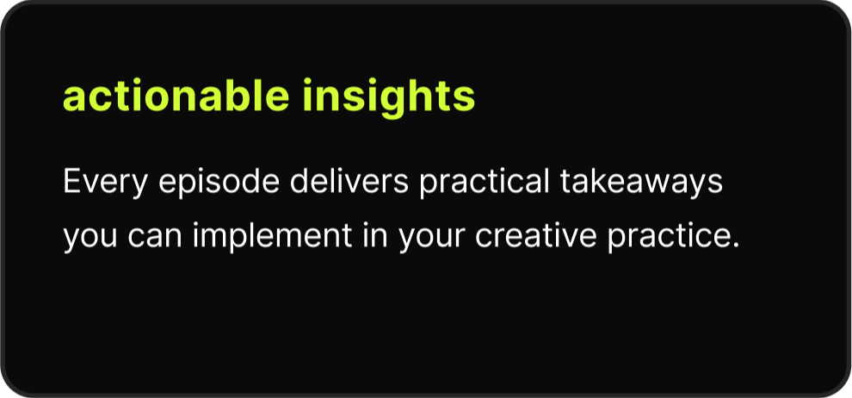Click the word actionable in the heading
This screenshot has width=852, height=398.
(x=176, y=96)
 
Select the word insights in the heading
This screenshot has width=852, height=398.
(x=388, y=98)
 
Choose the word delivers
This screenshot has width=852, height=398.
(x=349, y=181)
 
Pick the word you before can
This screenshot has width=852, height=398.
(x=90, y=238)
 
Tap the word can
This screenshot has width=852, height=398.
(x=155, y=236)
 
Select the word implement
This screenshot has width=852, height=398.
(x=273, y=236)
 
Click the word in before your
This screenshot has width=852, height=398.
(x=375, y=235)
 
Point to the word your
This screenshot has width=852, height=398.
(x=432, y=238)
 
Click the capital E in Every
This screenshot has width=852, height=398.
(x=72, y=181)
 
